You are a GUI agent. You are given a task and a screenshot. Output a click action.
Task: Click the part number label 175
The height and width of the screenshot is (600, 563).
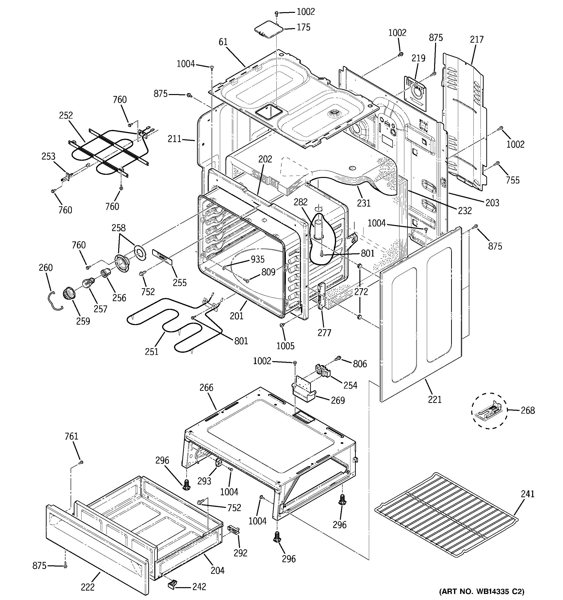pos(303,27)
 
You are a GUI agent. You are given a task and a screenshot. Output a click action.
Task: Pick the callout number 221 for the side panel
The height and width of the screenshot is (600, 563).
pos(435,400)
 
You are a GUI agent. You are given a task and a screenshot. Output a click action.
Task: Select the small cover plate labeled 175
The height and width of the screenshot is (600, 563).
pos(268,30)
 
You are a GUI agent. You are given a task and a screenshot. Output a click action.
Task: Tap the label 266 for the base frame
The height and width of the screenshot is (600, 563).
pos(207,388)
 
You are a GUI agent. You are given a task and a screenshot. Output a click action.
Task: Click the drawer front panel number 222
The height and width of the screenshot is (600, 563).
pos(88,587)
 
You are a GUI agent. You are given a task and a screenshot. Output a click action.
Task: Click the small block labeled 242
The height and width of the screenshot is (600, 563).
pos(172,584)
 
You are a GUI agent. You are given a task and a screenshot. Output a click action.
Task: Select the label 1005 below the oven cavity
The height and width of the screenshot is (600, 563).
pos(285,345)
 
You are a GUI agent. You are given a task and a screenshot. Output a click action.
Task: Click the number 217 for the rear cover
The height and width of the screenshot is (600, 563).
pos(477,40)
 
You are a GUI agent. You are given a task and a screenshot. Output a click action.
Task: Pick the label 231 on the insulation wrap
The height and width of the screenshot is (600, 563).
pos(364,203)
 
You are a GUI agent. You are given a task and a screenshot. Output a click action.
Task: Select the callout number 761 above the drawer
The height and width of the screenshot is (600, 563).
pos(72,436)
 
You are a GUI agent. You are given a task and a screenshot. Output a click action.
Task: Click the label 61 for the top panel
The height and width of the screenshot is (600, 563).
pos(223,42)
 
